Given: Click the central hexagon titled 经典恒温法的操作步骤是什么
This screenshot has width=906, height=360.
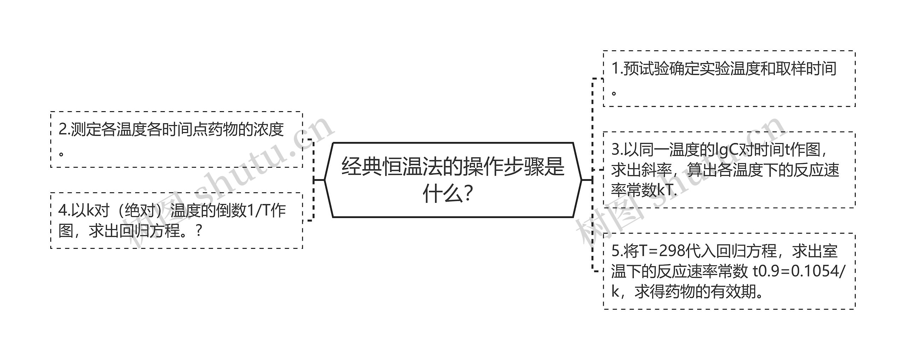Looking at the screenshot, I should (453, 180).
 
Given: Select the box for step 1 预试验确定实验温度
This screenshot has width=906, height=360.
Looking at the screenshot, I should (729, 79).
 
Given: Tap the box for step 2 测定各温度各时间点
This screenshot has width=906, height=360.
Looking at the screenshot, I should (177, 139).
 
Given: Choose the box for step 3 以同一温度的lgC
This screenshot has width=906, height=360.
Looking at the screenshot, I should (729, 170).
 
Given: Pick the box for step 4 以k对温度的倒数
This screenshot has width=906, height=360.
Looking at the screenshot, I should (177, 221).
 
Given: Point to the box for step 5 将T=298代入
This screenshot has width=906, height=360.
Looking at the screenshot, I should (729, 271).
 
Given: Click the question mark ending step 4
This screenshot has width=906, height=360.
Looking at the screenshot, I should (199, 231).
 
